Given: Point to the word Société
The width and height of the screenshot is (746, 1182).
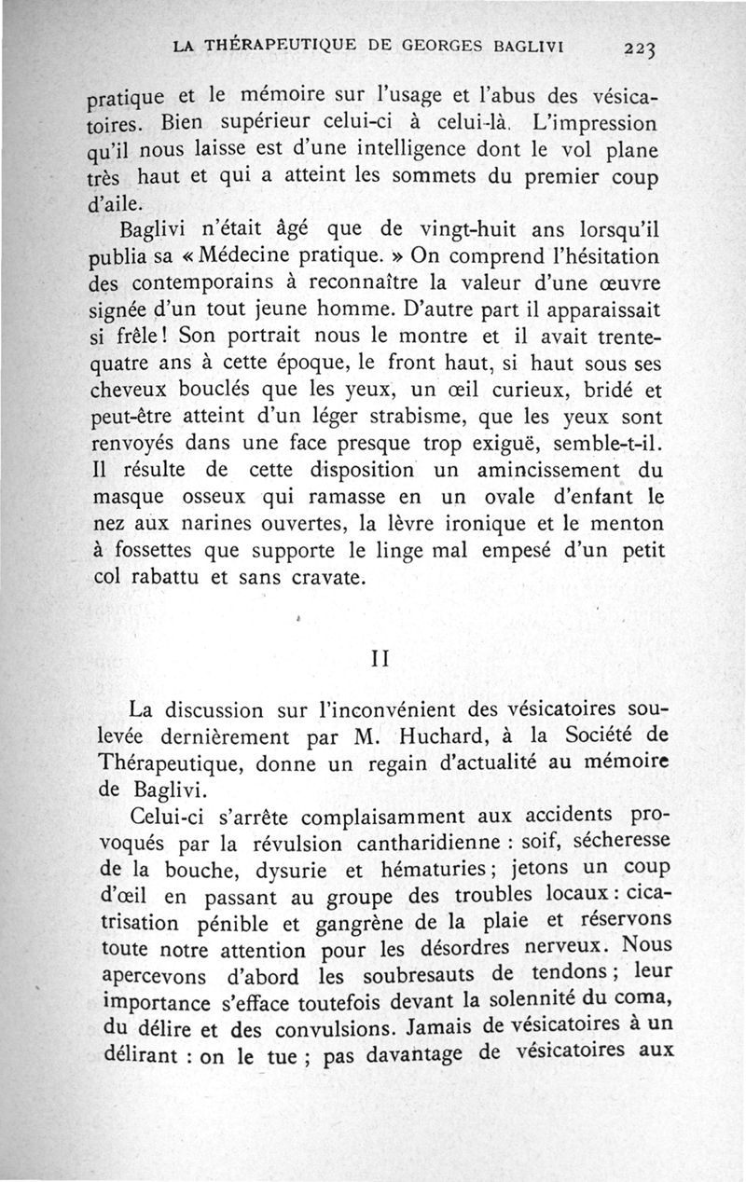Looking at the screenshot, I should point(618,735).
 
